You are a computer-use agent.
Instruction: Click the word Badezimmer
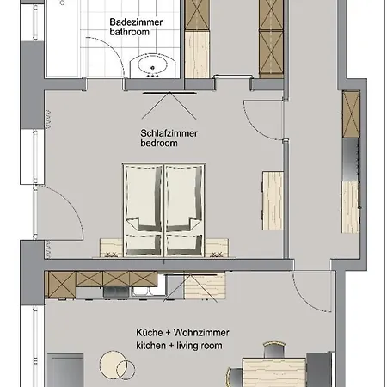(136, 22)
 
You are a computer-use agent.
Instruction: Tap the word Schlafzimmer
(169, 133)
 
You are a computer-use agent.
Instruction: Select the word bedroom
(159, 143)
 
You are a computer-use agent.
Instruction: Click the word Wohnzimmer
(201, 333)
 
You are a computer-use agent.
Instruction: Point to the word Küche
(150, 333)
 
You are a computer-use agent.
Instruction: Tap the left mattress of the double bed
(144, 210)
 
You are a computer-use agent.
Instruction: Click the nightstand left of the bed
(111, 248)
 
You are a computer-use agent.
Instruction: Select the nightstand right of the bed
(217, 248)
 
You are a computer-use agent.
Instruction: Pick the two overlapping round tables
(117, 365)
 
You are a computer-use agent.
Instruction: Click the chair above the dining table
(274, 349)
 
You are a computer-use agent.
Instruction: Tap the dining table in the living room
(274, 372)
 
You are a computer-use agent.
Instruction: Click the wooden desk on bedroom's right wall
(273, 200)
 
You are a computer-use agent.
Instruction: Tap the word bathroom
(129, 32)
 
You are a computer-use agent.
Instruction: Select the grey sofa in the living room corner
(65, 371)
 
